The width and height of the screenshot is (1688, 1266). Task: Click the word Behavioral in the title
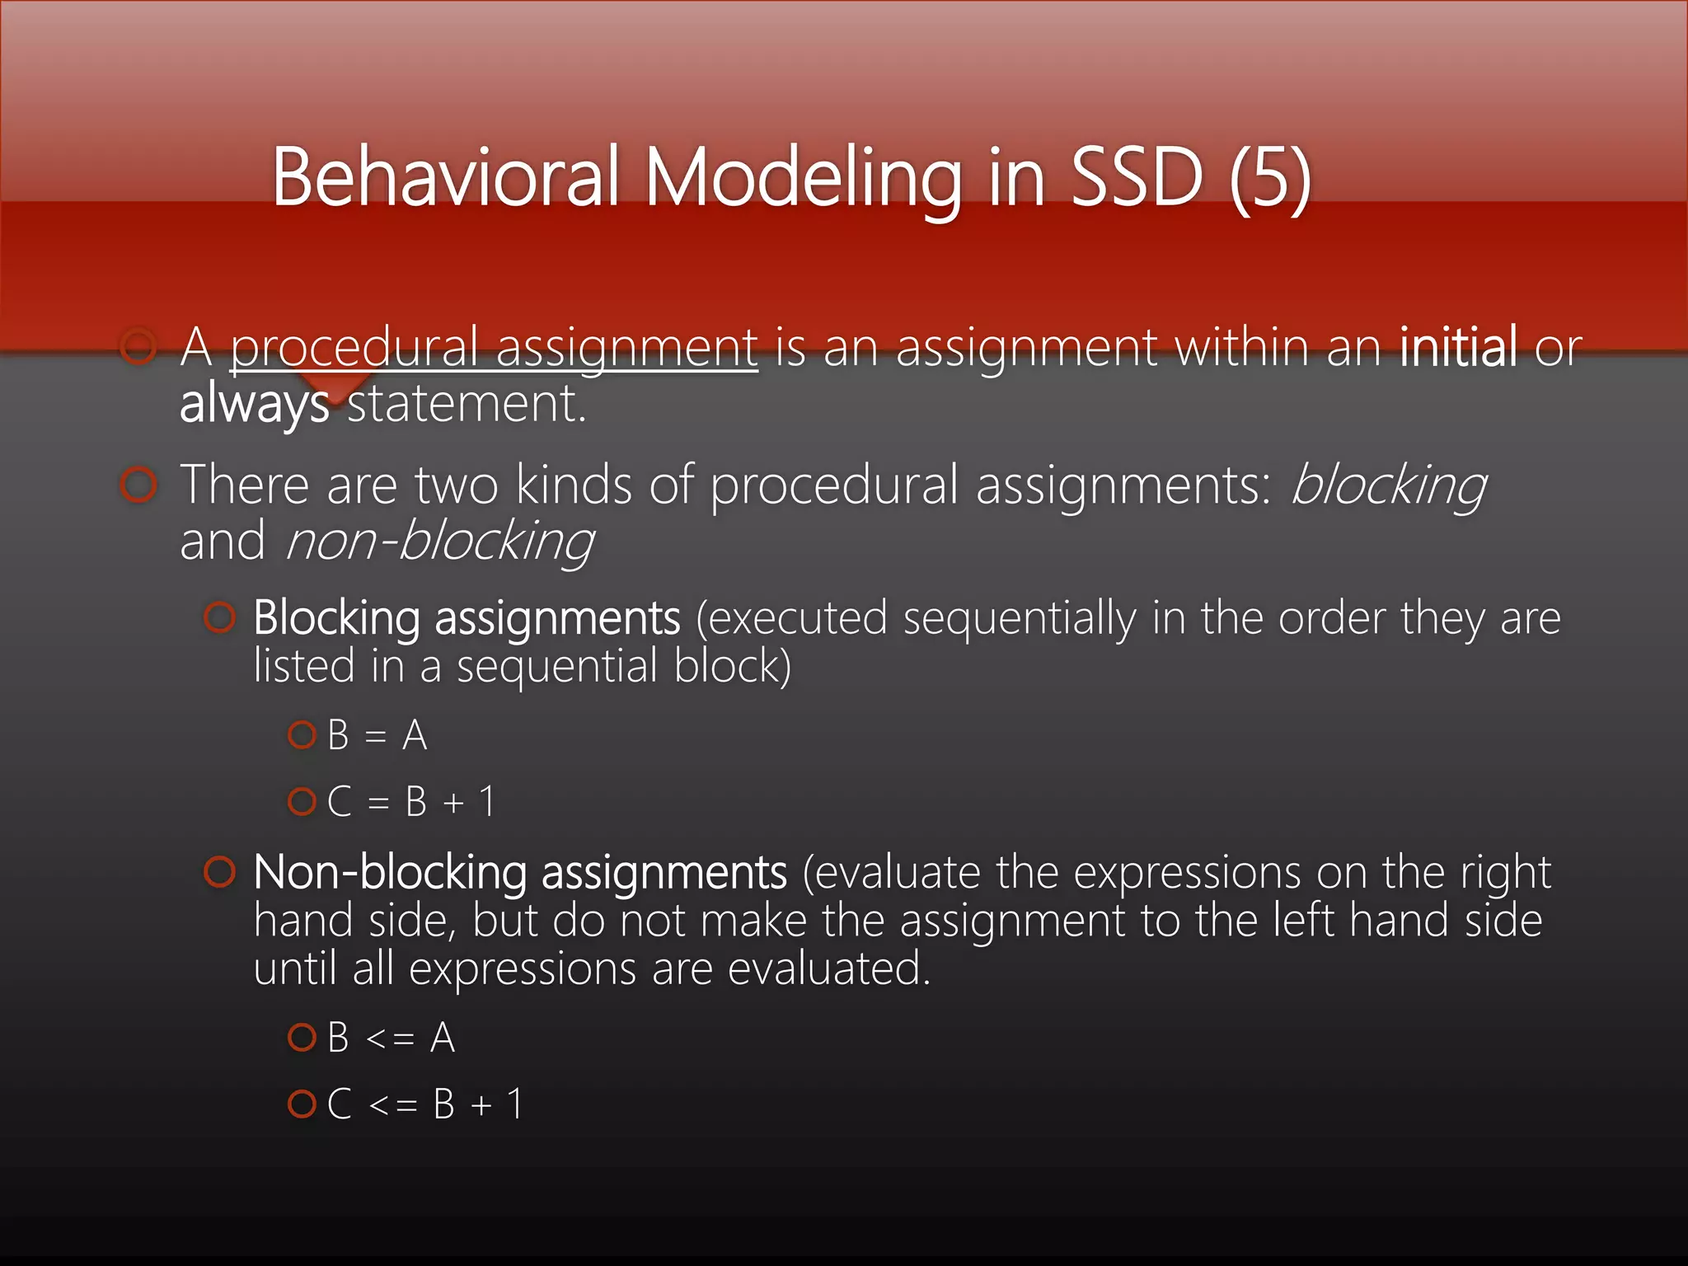[x=445, y=176]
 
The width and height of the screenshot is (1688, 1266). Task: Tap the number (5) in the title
[x=1269, y=178]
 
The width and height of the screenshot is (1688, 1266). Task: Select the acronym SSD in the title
[x=1137, y=176]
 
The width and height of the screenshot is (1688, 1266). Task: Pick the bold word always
[x=255, y=405]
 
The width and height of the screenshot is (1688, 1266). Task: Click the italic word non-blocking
[x=439, y=542]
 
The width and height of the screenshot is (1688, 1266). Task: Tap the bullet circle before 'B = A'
[x=302, y=734]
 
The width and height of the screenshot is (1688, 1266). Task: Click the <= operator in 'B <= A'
[x=390, y=1038]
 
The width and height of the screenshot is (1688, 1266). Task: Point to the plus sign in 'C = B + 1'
[x=453, y=802]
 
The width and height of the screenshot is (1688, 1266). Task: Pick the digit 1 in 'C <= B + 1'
[x=515, y=1104]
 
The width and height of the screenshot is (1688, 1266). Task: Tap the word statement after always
[x=466, y=405]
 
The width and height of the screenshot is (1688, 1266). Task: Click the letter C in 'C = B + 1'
[x=339, y=802]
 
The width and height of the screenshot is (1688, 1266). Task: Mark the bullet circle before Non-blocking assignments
[x=219, y=872]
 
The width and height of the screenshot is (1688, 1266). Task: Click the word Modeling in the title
[x=803, y=178]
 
